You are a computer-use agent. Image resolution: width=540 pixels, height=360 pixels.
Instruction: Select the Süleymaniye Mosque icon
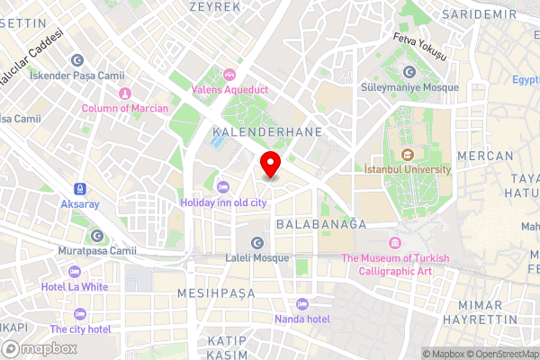tap(409, 71)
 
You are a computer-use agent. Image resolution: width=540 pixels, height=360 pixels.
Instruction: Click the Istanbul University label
tap(407, 168)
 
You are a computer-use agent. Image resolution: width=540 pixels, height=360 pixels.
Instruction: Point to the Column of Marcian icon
tap(125, 92)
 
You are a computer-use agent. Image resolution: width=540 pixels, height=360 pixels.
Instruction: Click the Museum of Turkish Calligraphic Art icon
tap(394, 244)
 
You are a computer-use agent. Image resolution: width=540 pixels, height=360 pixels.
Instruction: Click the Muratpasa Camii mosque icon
tap(97, 236)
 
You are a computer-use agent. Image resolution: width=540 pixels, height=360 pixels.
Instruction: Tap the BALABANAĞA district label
tap(321, 223)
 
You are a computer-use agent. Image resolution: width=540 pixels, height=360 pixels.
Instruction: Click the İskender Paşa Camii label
tap(66, 76)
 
